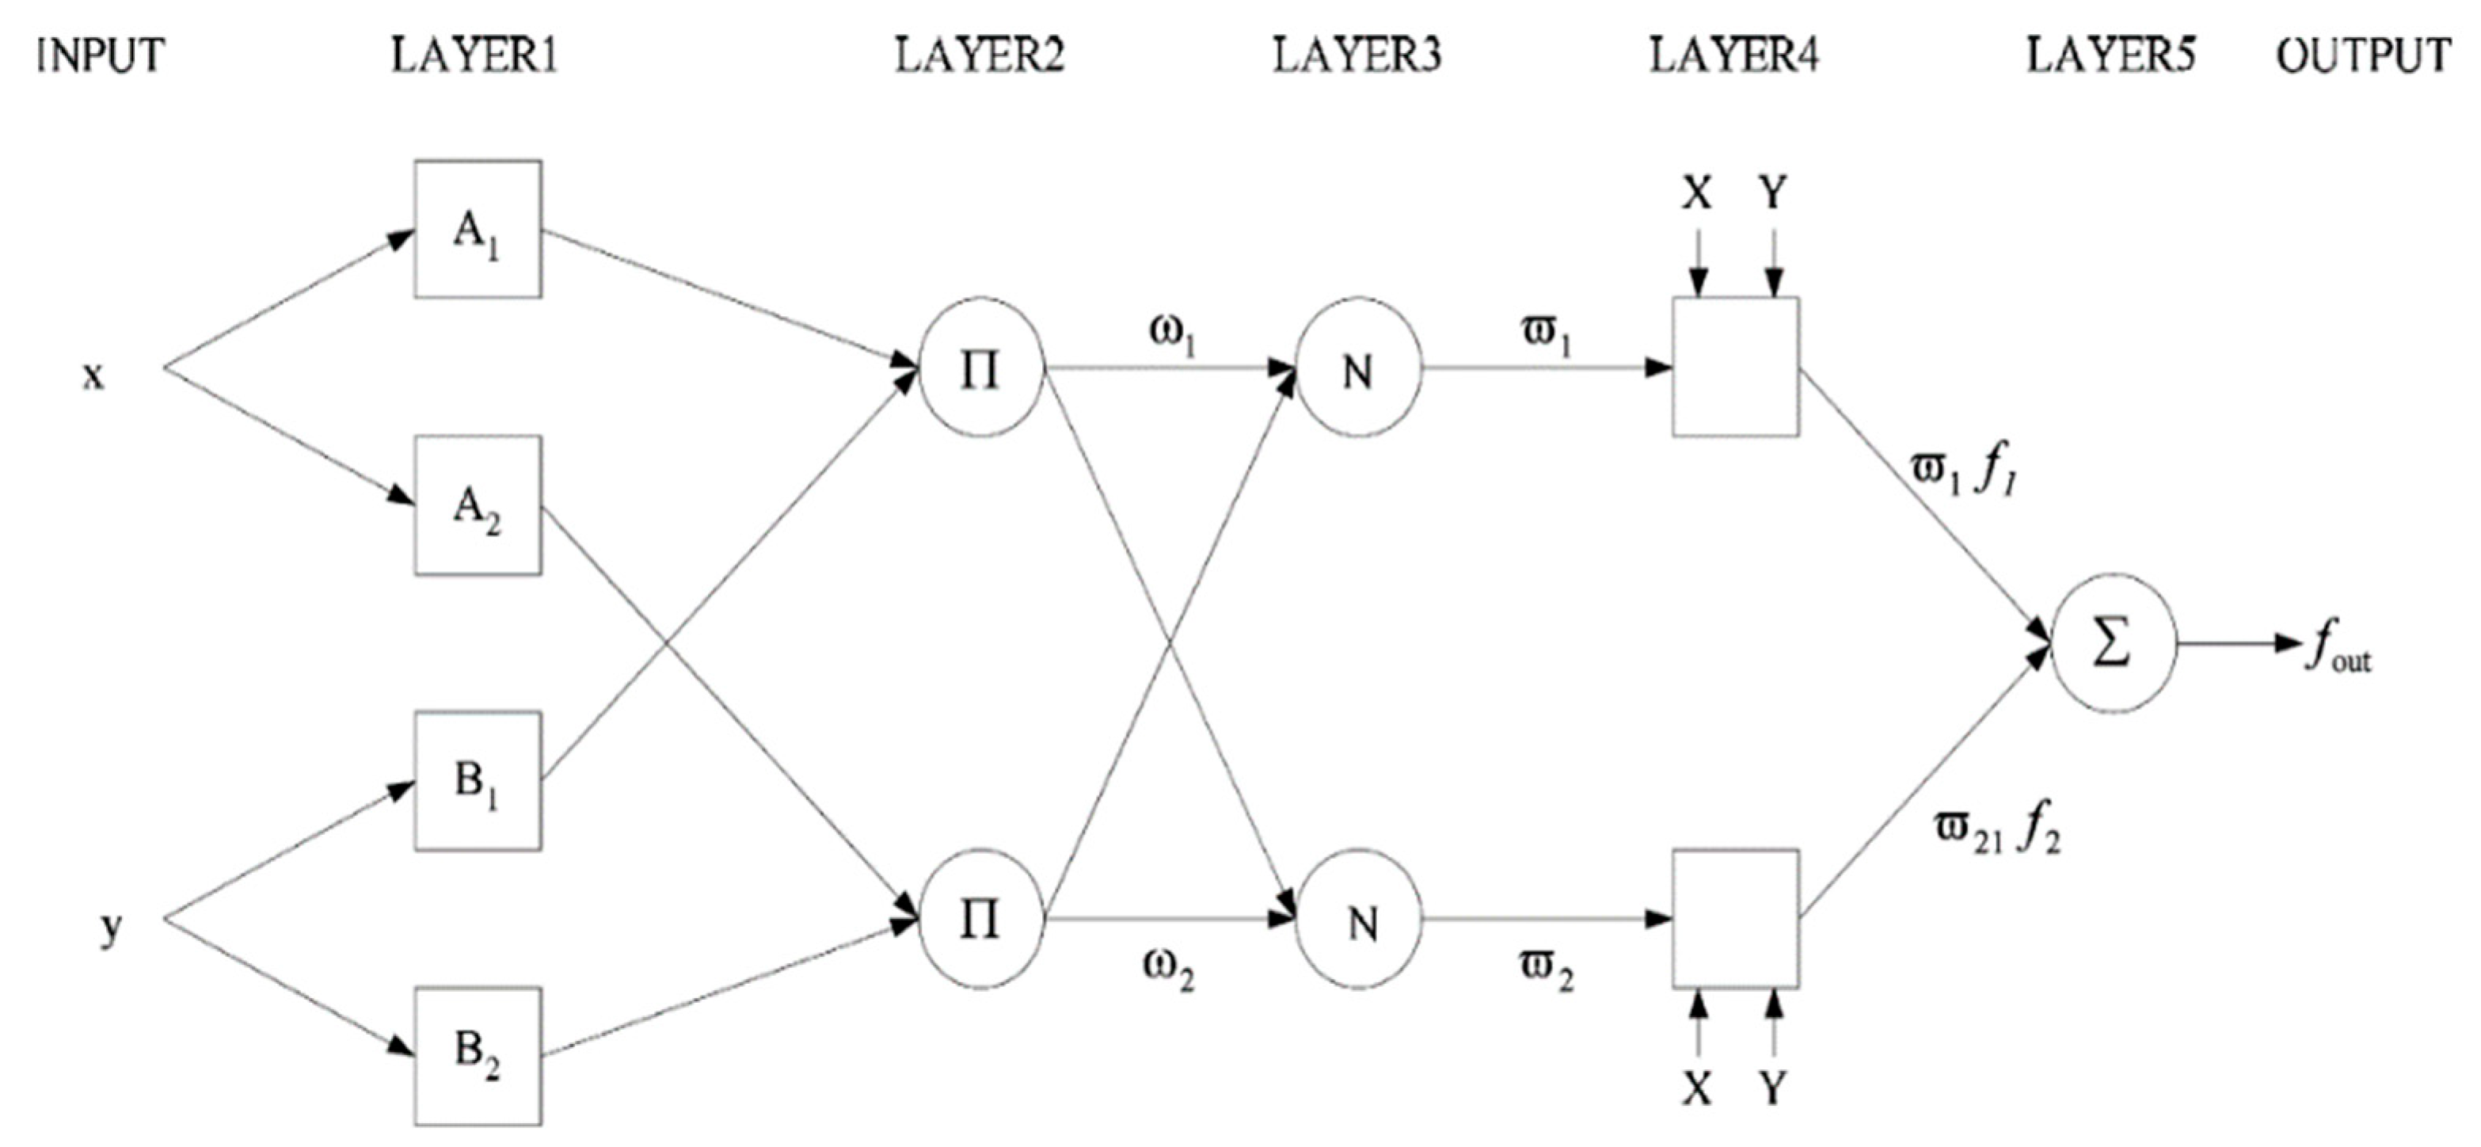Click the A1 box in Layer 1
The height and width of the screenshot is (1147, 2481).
tap(478, 229)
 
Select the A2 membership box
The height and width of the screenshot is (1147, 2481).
tap(478, 505)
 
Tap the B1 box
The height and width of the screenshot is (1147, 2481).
tap(478, 781)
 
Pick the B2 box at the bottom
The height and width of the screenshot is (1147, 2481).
tap(478, 1056)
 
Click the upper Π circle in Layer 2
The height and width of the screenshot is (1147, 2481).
tap(980, 368)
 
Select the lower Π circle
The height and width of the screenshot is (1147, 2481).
tap(980, 920)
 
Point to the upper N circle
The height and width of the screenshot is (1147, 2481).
tap(1357, 368)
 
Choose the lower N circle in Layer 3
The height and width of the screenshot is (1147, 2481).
tap(1357, 920)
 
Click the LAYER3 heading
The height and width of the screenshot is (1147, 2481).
tap(1357, 55)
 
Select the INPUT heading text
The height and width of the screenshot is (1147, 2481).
tap(100, 55)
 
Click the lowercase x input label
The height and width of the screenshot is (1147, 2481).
tap(93, 375)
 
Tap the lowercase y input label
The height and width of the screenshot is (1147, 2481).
tap(112, 927)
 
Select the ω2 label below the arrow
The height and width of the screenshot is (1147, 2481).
tap(1168, 966)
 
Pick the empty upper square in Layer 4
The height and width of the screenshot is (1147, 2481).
tap(1734, 368)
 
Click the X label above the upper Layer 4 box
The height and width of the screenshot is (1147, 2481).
tap(1697, 193)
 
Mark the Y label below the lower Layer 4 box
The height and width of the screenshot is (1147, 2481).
tap(1772, 1088)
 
